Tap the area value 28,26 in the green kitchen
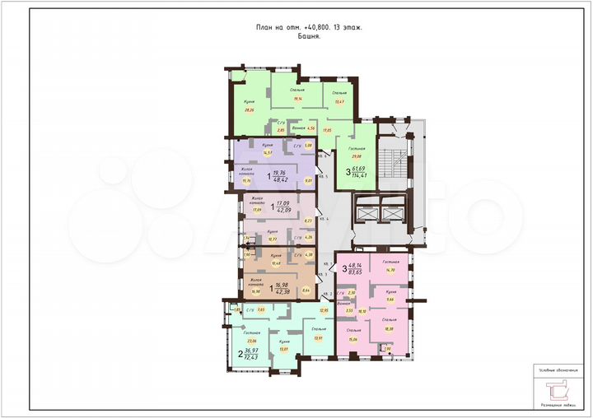[248, 109]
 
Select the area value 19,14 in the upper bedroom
[297, 100]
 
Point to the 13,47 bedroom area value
[339, 102]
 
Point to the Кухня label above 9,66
[392, 291]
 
